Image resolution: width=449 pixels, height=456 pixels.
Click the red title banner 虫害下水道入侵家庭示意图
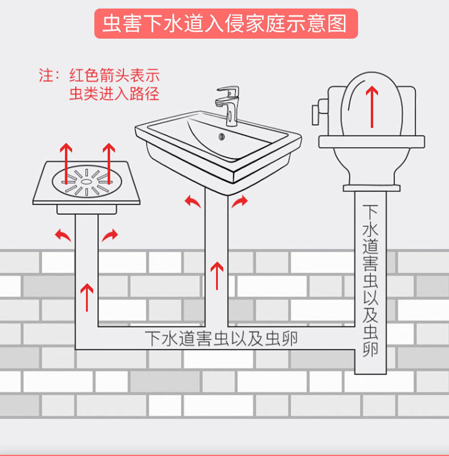(x=225, y=23)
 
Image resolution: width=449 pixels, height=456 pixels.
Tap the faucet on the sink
(x=228, y=105)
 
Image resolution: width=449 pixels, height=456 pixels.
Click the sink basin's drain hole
(x=222, y=136)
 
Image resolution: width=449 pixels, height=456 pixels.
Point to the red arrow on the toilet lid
(x=372, y=106)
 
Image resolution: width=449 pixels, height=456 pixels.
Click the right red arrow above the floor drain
(x=108, y=161)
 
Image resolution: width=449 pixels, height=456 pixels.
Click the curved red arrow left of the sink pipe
(x=193, y=201)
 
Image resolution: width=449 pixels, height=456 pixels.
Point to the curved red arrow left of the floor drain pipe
(x=63, y=234)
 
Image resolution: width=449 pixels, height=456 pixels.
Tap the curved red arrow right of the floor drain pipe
(x=110, y=234)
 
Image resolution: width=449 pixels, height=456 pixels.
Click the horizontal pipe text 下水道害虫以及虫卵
(x=221, y=339)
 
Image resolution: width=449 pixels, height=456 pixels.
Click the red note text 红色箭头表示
(x=114, y=76)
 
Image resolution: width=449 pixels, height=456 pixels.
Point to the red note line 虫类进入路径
(x=114, y=94)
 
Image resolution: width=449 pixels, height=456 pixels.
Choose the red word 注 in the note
(x=45, y=76)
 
